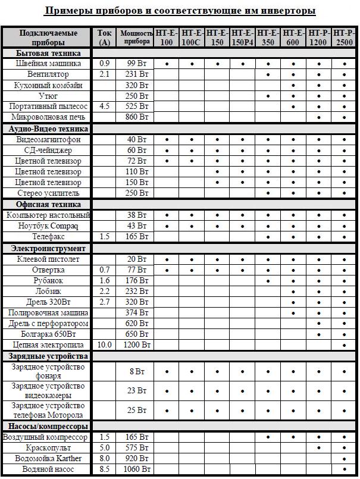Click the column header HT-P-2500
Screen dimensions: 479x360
point(345,37)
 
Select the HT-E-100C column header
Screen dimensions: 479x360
point(192,37)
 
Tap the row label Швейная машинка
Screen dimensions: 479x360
point(48,64)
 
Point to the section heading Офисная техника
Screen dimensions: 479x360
point(40,204)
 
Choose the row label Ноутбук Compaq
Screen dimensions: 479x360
point(48,226)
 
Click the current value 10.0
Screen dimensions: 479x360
point(105,345)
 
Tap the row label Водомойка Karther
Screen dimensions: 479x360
point(48,459)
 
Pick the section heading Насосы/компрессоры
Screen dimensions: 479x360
point(48,427)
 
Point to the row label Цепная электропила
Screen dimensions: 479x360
point(48,345)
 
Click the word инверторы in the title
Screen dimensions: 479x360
point(283,11)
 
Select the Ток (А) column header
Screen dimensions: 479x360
point(105,37)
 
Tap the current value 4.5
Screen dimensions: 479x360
point(105,107)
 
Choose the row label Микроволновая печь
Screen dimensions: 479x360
point(48,117)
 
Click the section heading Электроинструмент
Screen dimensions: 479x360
point(48,248)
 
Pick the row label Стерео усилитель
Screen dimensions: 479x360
point(48,193)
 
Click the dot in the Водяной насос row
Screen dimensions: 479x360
point(345,469)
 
